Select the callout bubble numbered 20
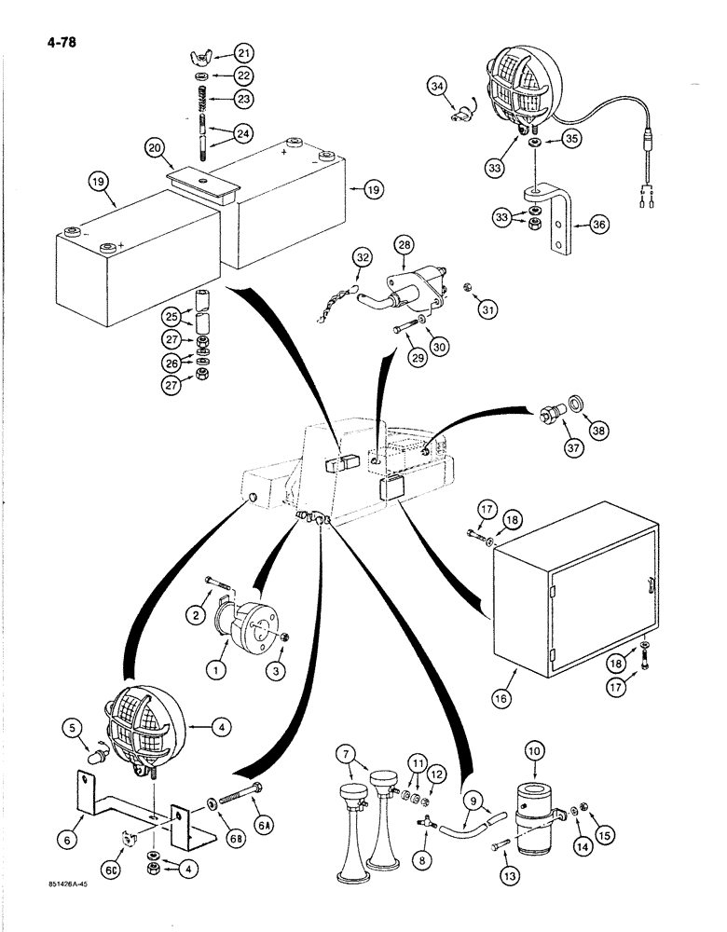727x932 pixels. point(155,147)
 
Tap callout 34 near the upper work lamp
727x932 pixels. point(438,88)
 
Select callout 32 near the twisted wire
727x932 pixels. point(362,257)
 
